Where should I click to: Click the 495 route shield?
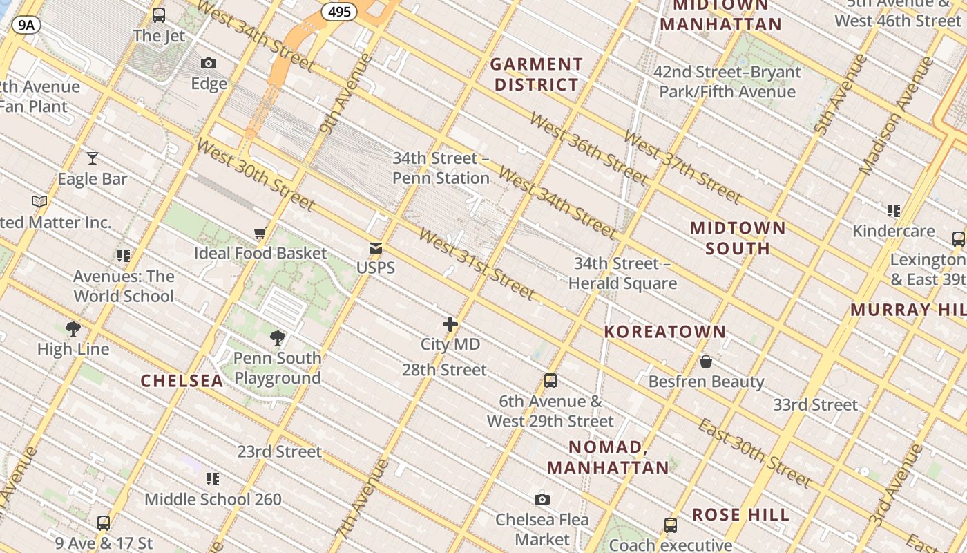click(338, 12)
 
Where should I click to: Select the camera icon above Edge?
click(209, 64)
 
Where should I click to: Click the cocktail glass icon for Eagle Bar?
click(92, 158)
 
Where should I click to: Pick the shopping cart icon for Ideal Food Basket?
click(260, 234)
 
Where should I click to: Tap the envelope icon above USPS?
click(376, 248)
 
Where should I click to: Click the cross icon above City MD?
click(450, 324)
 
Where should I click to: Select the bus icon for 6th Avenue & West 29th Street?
click(550, 381)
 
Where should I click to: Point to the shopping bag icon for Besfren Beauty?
click(706, 362)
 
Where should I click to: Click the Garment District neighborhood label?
click(536, 75)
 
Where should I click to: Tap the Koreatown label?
click(664, 332)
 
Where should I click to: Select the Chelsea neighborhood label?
click(182, 381)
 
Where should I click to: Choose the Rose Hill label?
click(740, 515)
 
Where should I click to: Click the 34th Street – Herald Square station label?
click(622, 274)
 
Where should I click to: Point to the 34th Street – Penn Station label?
click(441, 168)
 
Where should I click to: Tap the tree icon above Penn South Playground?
click(278, 338)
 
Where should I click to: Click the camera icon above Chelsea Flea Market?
click(542, 499)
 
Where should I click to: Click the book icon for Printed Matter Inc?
click(39, 202)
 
